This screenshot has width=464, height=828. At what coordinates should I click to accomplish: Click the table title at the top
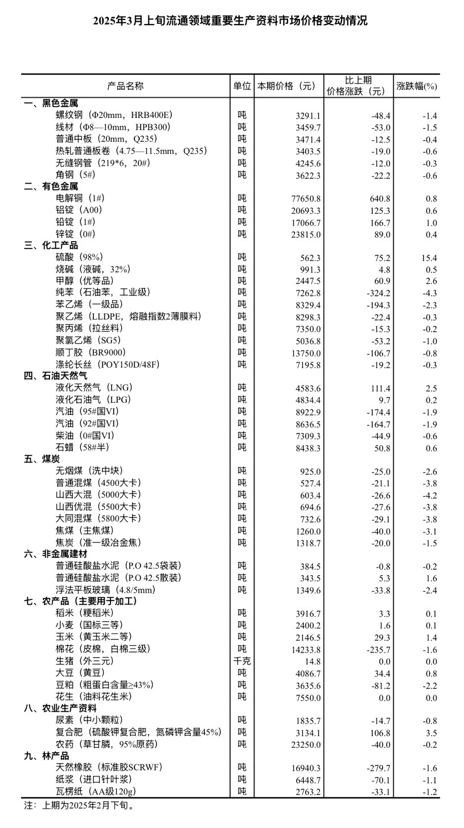231,21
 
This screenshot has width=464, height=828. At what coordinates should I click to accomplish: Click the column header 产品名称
125,86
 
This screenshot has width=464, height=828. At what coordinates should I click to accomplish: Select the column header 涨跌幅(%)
417,86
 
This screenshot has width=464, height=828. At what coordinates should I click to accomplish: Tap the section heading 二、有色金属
51,186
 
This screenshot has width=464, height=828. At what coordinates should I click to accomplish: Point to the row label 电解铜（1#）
80,198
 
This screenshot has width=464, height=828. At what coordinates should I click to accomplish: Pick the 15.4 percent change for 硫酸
429,258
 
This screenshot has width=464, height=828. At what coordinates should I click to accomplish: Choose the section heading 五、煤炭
42,459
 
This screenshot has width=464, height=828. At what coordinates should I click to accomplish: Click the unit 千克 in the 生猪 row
242,662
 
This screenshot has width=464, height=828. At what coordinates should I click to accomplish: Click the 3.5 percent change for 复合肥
431,733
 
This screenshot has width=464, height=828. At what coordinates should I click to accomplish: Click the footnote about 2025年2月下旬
79,806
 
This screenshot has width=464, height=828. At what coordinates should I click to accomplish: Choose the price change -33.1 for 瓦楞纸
379,792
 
